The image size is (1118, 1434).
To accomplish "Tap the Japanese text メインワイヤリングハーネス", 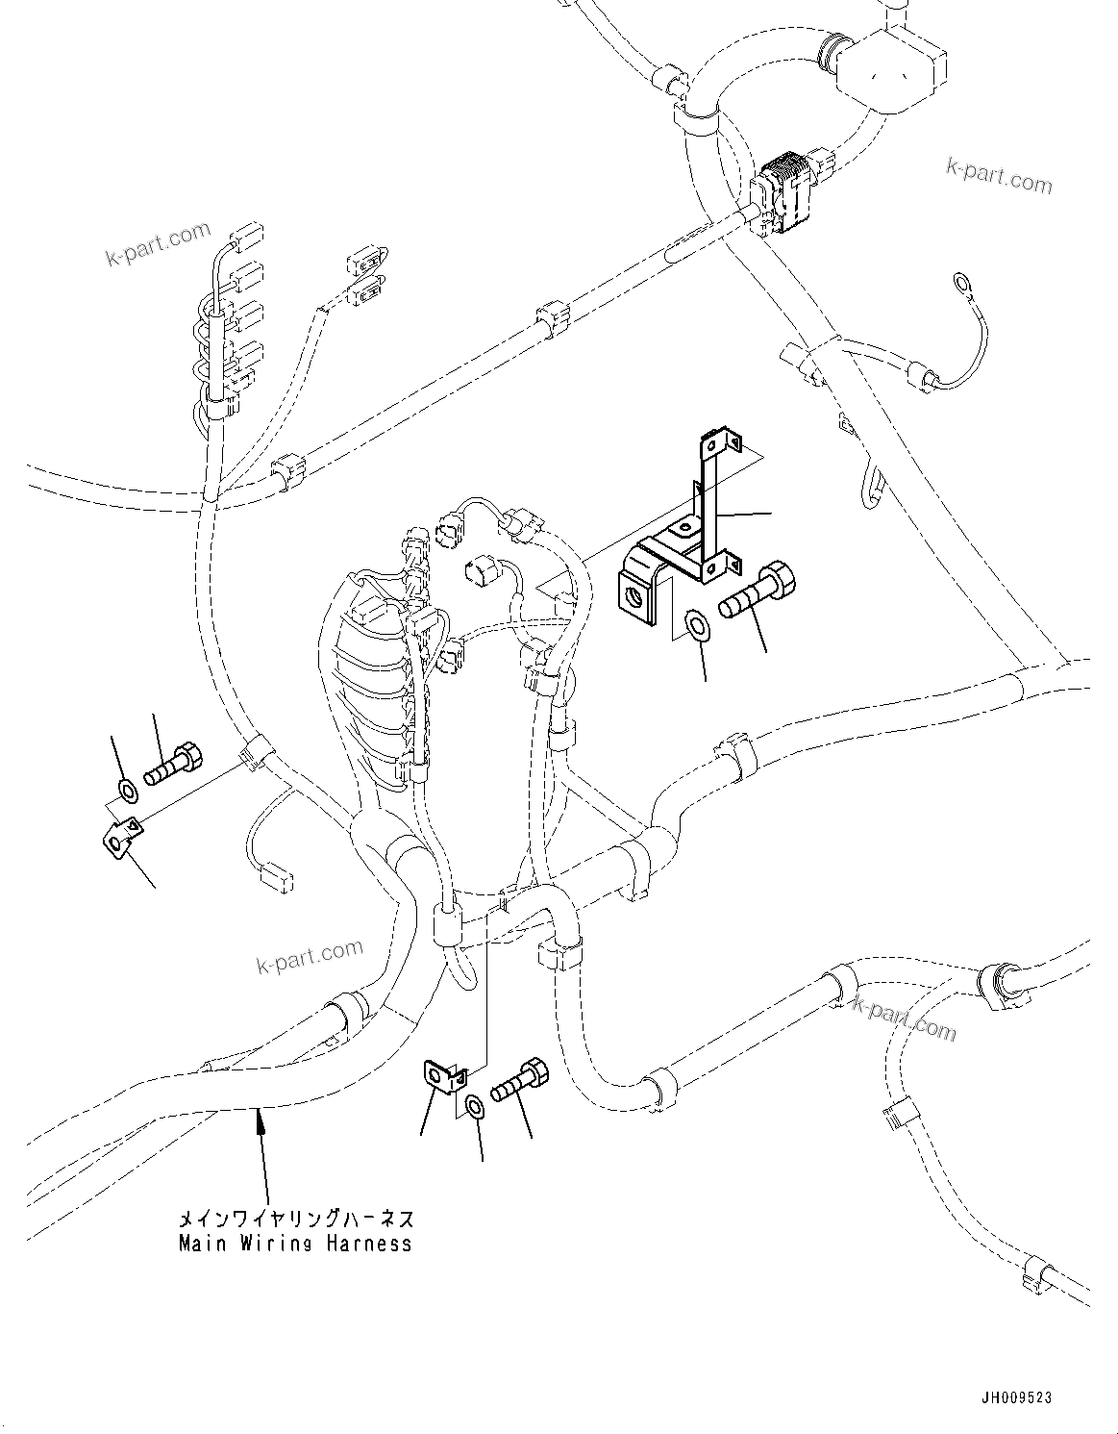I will pos(296,1220).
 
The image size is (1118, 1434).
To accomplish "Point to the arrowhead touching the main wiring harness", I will pos(258,1119).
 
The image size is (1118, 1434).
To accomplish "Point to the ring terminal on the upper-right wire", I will pos(959,282).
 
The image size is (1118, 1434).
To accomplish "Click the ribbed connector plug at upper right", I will pos(791,193).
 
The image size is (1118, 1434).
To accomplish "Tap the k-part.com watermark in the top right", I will pos(999,176).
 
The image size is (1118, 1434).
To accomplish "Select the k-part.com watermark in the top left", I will pos(157,245).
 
